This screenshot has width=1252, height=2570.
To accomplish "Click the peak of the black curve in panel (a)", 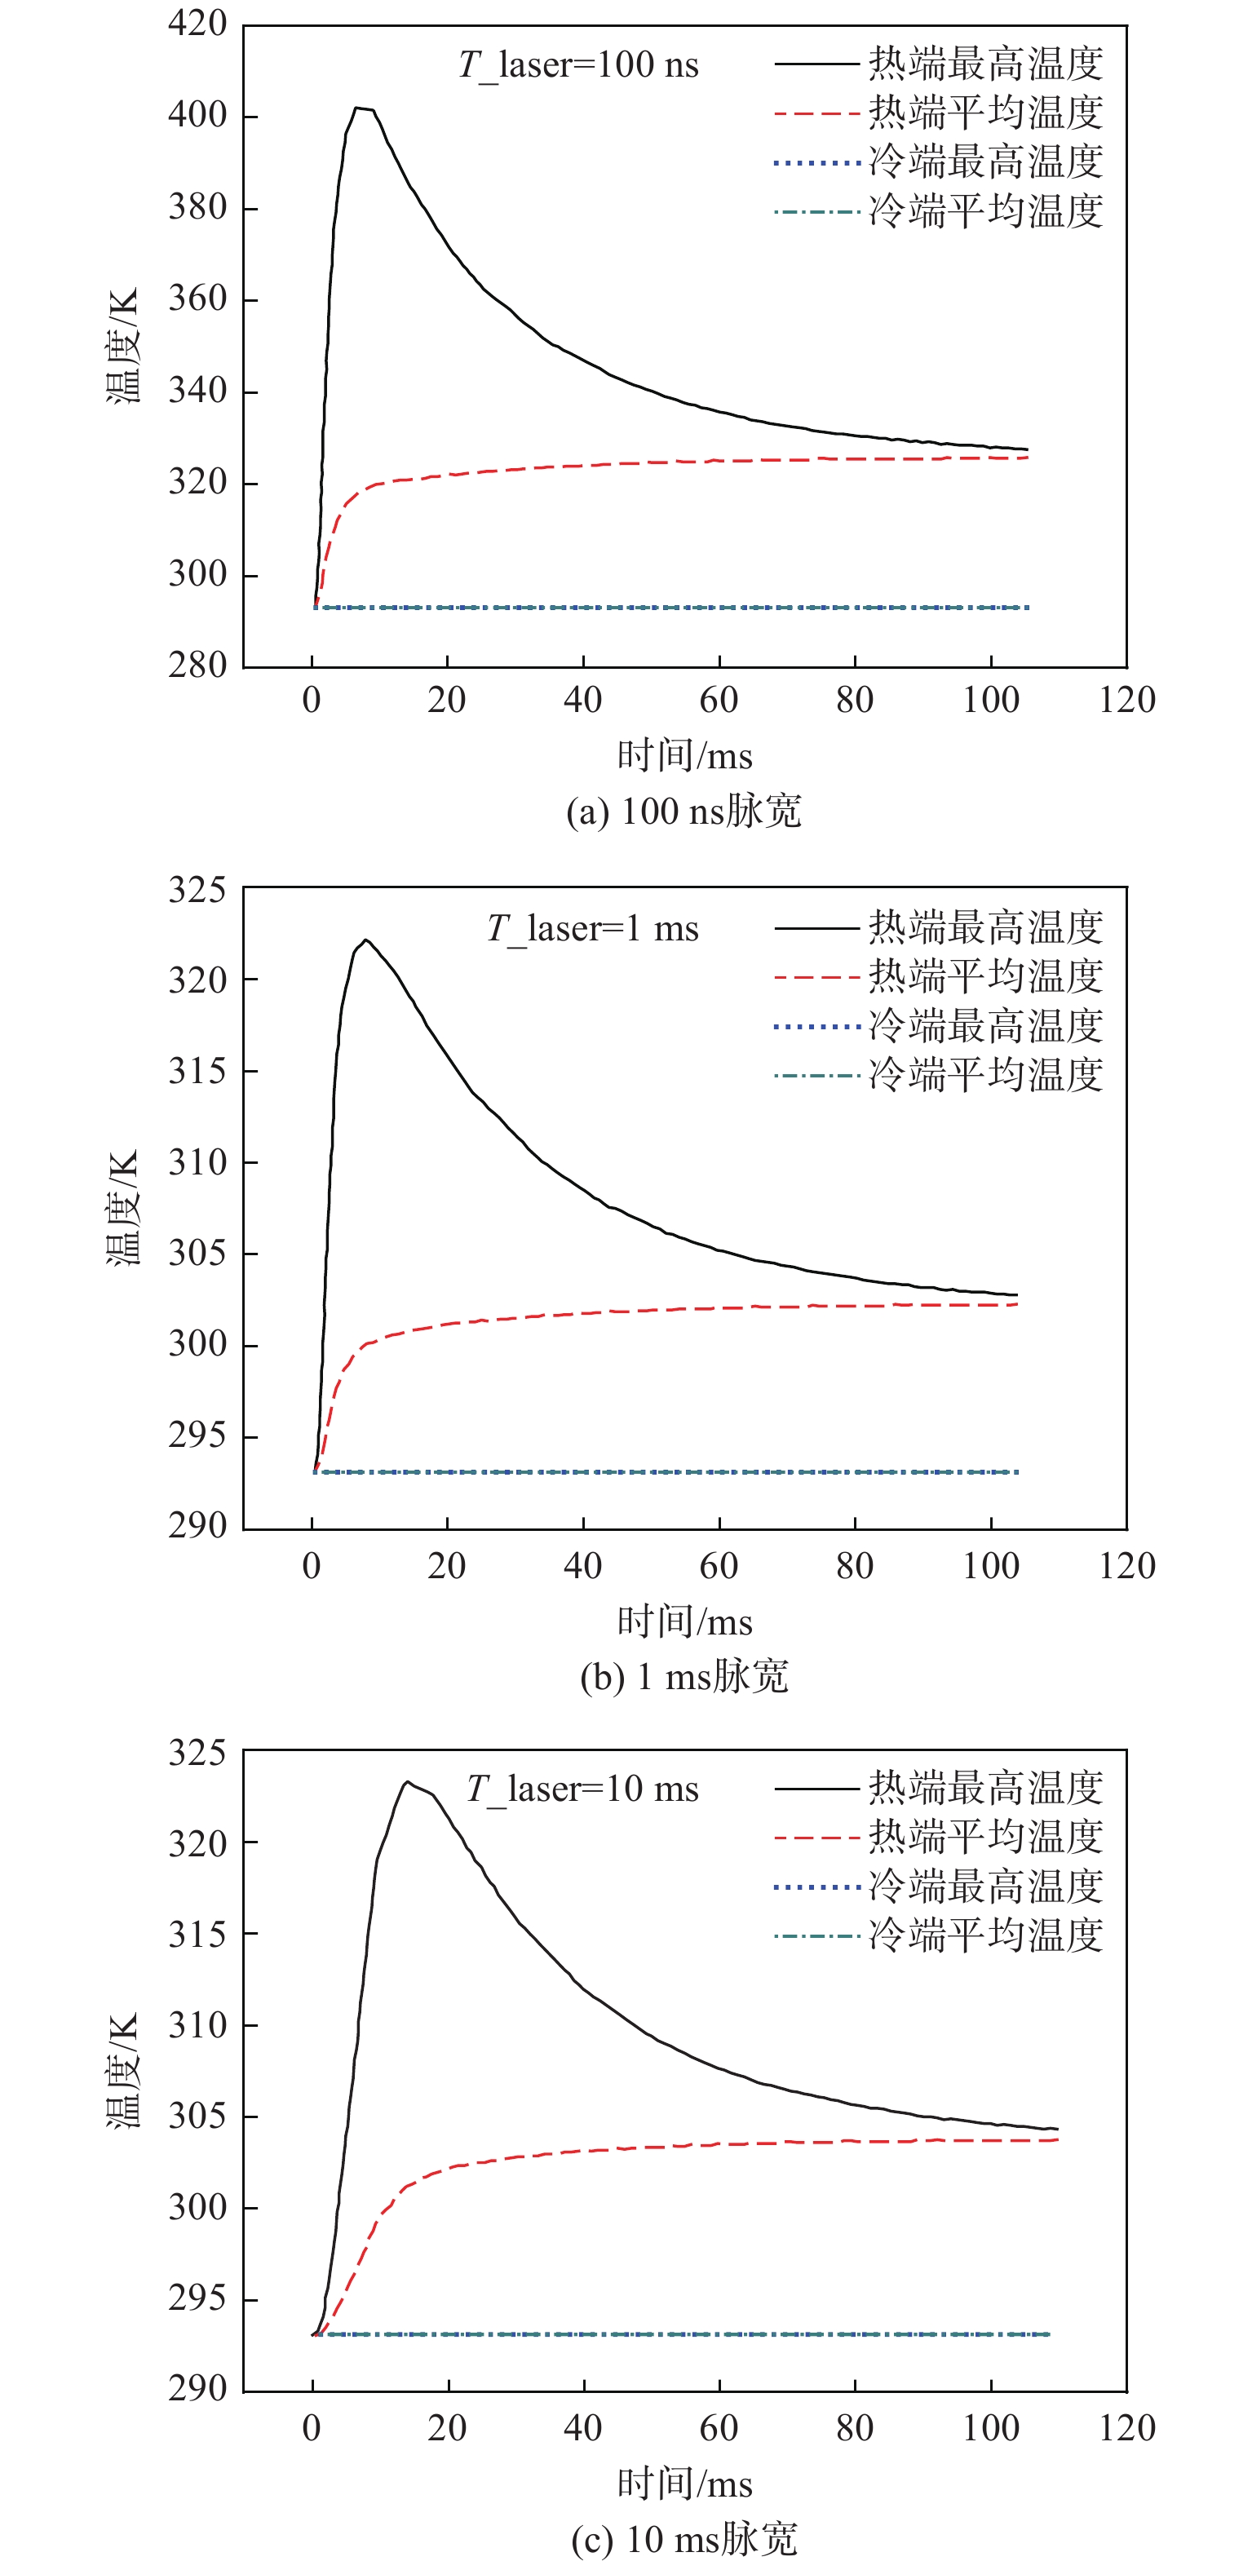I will pyautogui.click(x=357, y=108).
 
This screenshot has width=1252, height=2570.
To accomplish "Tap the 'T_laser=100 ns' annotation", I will pyautogui.click(x=578, y=65).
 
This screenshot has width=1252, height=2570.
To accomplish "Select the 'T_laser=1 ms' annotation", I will pyautogui.click(x=593, y=929).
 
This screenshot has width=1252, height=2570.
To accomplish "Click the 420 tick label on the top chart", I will pyautogui.click(x=197, y=23).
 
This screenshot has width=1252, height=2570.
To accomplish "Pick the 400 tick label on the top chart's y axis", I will pyautogui.click(x=197, y=115).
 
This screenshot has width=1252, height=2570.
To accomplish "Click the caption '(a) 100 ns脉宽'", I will pyautogui.click(x=684, y=810).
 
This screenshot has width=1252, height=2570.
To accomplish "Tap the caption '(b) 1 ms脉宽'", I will pyautogui.click(x=684, y=1676).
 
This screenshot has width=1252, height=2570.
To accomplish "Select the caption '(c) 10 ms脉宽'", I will pyautogui.click(x=684, y=2539).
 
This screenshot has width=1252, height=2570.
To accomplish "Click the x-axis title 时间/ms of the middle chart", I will pyautogui.click(x=684, y=1621).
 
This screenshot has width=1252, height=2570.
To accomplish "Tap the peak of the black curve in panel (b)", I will pyautogui.click(x=366, y=940).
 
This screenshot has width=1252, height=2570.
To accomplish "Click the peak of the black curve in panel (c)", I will pyautogui.click(x=407, y=1782).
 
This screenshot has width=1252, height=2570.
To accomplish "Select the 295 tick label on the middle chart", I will pyautogui.click(x=197, y=1435).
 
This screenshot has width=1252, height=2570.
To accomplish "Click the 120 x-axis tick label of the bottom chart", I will pyautogui.click(x=1127, y=2428).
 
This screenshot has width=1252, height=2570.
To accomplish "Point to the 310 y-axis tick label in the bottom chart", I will pyautogui.click(x=197, y=2025).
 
